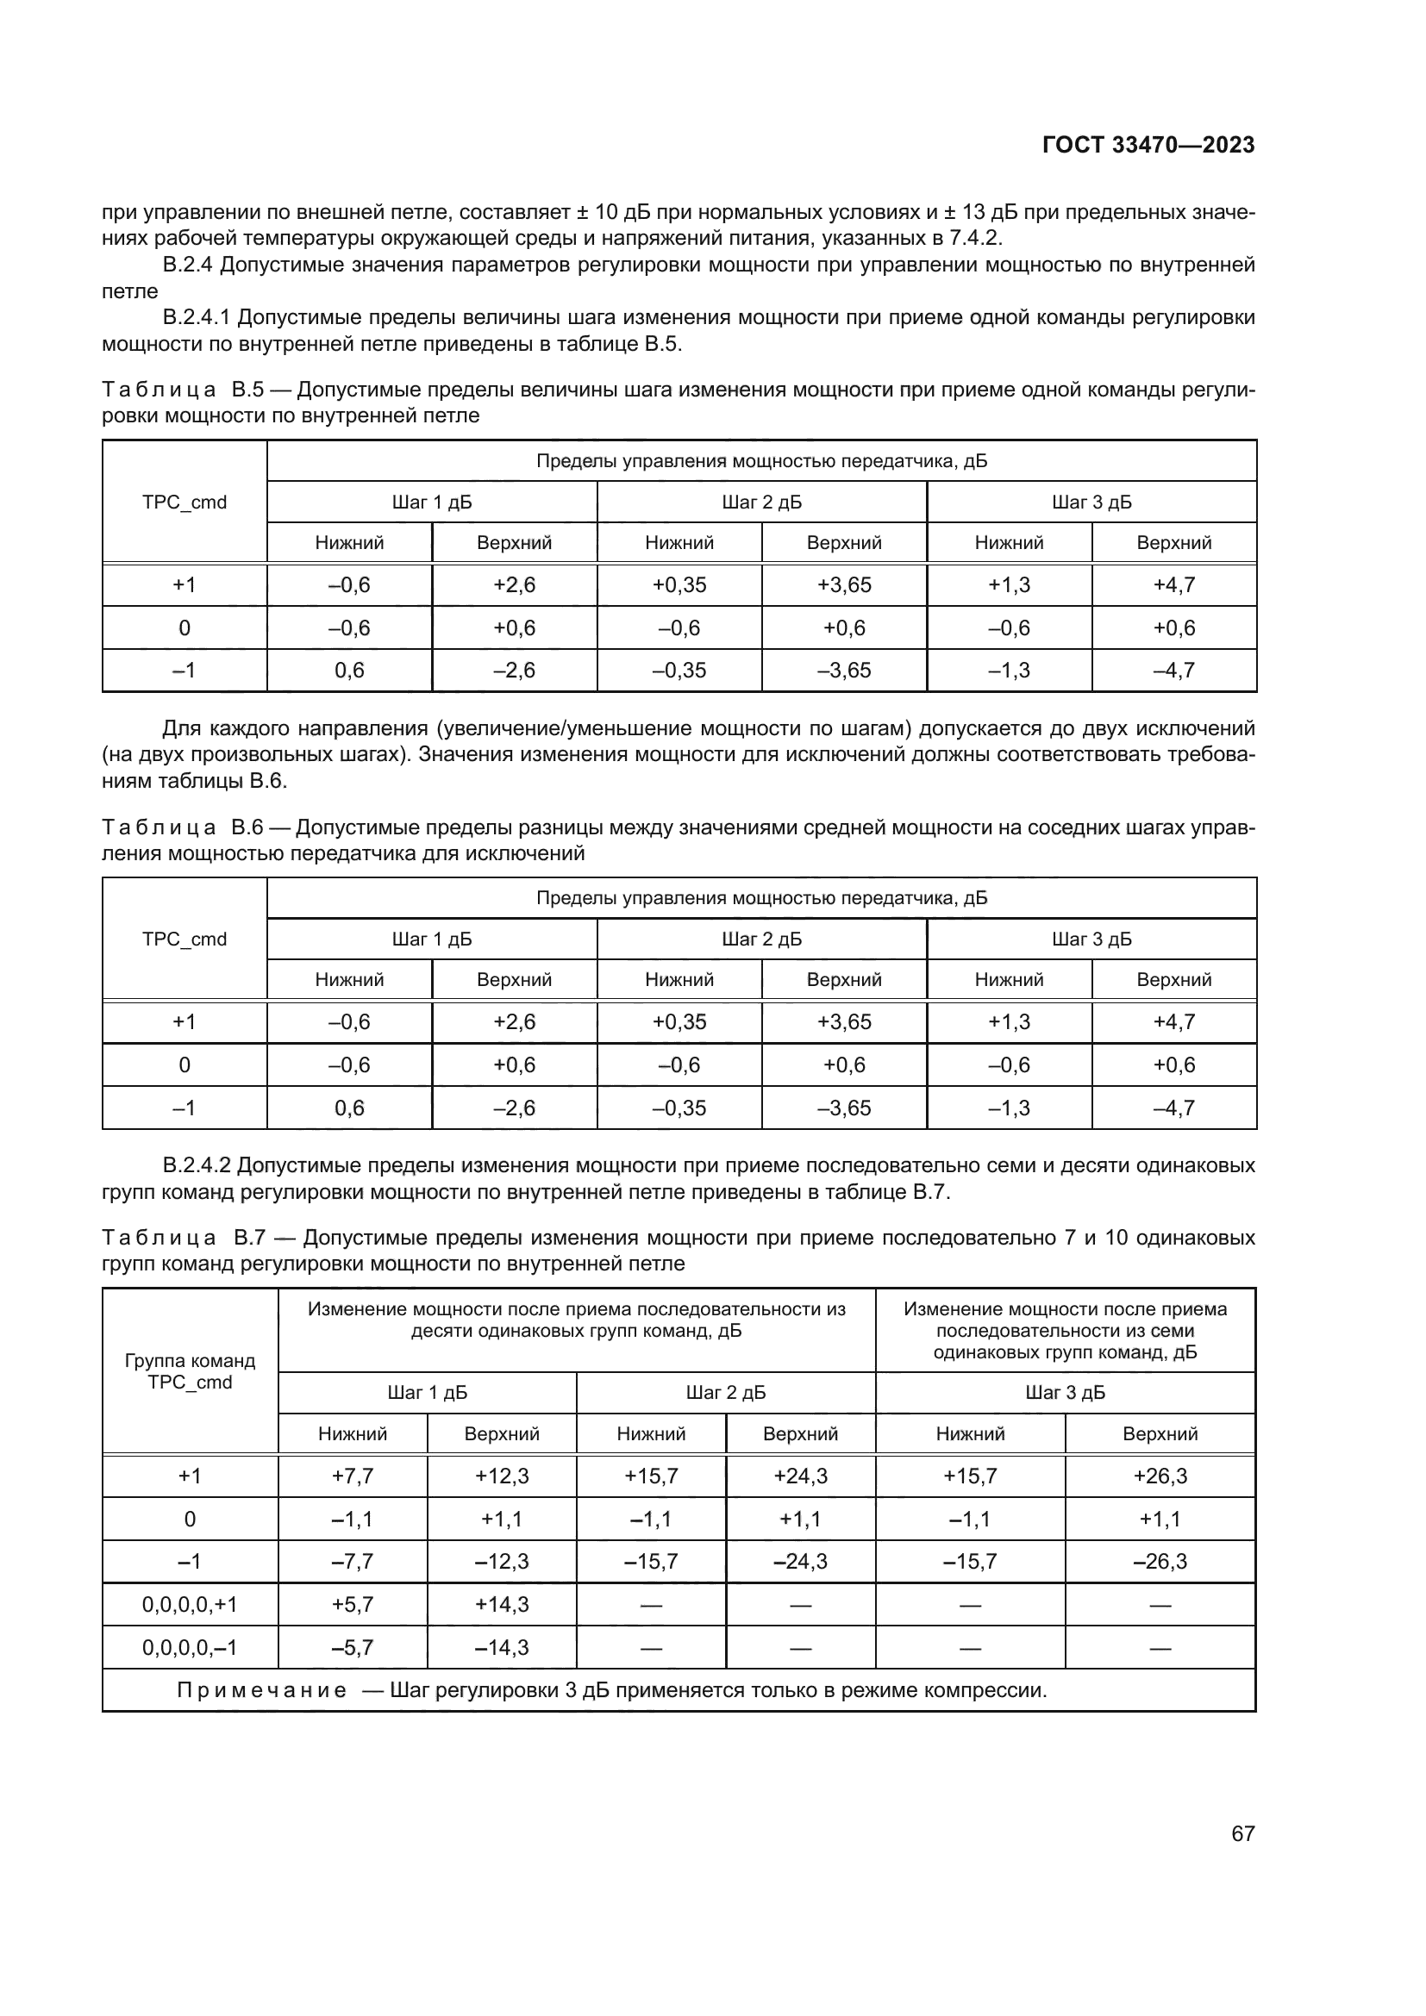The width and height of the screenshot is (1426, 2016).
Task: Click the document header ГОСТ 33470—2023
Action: point(1148,146)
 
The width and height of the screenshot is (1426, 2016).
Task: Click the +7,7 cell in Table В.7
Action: point(352,1476)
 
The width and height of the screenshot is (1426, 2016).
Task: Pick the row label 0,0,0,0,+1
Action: point(190,1604)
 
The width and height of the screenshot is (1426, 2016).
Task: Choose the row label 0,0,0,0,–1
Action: point(190,1647)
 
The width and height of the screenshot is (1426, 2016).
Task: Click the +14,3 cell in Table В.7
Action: point(502,1604)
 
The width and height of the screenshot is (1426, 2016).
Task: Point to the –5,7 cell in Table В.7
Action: point(352,1647)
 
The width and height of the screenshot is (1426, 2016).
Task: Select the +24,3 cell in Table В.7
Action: point(800,1476)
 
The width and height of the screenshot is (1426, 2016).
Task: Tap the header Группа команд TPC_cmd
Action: point(190,1371)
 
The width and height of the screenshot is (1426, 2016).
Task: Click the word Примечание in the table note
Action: point(262,1690)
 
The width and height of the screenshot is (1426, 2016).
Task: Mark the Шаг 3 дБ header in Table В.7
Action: point(1064,1393)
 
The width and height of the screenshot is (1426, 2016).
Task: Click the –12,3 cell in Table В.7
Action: point(502,1561)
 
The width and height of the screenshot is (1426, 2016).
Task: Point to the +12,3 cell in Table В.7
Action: point(502,1476)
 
